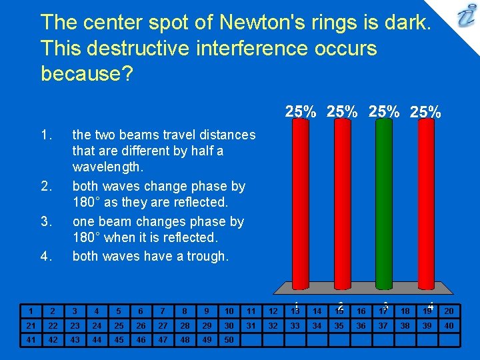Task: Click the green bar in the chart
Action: click(x=383, y=207)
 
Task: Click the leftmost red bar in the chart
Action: click(x=300, y=207)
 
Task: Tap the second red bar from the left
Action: click(x=341, y=207)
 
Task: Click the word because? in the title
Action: click(x=87, y=73)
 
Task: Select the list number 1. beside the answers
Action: click(x=46, y=135)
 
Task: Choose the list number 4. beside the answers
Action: click(x=46, y=257)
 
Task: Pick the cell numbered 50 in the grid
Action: click(x=229, y=340)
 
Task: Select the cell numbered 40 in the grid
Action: click(x=449, y=325)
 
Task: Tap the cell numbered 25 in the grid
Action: click(x=119, y=325)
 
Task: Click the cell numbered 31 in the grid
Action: click(x=251, y=325)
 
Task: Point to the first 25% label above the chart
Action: click(x=301, y=112)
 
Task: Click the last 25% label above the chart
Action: click(x=425, y=112)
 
